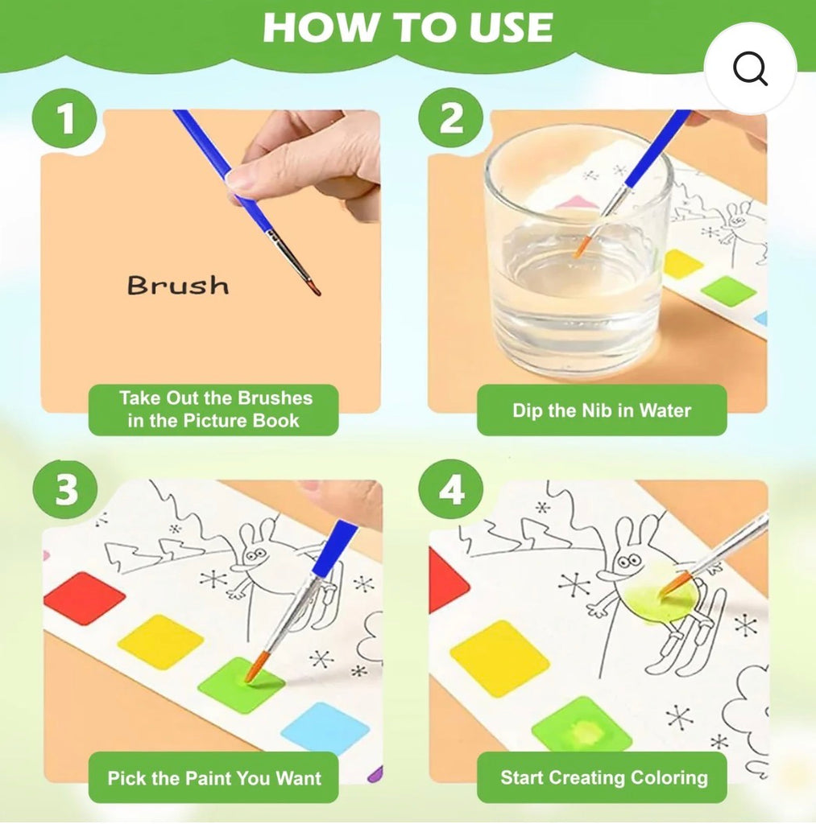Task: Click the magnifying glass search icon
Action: [x=750, y=68]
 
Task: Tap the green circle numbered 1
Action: [x=64, y=118]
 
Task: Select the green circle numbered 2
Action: [x=451, y=118]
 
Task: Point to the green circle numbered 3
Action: [x=65, y=490]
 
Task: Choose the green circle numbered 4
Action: [x=451, y=490]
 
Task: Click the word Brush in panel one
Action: [x=178, y=286]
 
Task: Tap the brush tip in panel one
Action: [x=315, y=289]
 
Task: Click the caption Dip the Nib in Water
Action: [x=602, y=410]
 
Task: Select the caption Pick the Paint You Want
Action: [x=213, y=778]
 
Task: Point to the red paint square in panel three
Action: [x=85, y=599]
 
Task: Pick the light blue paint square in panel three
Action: [x=325, y=728]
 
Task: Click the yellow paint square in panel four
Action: [x=499, y=658]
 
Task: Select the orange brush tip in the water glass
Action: [x=582, y=246]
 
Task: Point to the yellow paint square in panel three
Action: [x=160, y=641]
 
